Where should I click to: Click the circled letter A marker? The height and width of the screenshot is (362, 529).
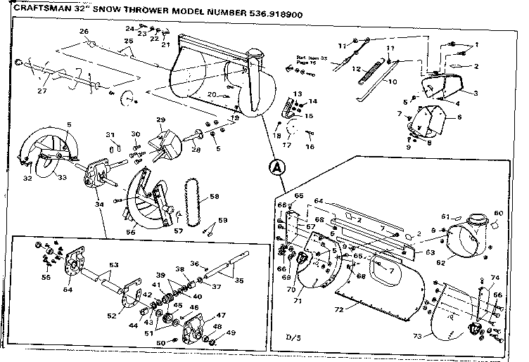tap(277, 167)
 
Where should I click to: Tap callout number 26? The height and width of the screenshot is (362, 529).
tap(84, 32)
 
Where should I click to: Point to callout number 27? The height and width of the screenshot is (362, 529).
tap(42, 91)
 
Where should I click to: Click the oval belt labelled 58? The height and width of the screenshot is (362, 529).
tap(192, 200)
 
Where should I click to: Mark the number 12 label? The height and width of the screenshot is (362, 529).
tap(357, 69)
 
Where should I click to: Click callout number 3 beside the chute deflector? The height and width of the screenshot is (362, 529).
tap(476, 93)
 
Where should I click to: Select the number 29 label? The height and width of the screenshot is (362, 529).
tap(160, 120)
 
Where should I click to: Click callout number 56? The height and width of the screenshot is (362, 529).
tap(130, 231)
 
